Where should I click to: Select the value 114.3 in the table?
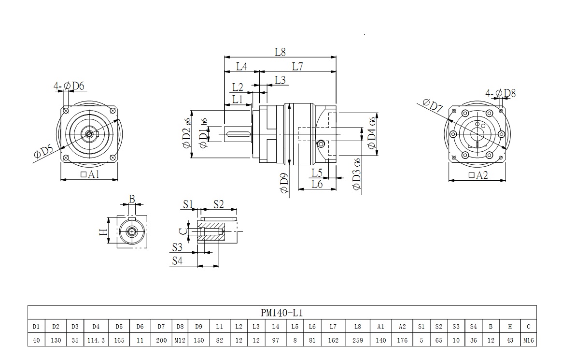[x=97, y=340]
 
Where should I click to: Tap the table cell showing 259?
[x=357, y=340]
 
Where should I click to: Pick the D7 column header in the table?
[x=161, y=326]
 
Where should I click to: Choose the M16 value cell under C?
[x=529, y=340]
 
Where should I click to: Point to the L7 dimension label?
[x=297, y=67]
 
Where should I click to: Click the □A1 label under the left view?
[x=90, y=174]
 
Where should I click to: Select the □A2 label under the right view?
[x=478, y=175]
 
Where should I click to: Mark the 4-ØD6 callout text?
[x=69, y=86]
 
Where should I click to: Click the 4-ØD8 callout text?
[x=501, y=93]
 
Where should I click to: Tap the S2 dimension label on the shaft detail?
[x=218, y=204]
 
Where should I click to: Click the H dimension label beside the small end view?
[x=102, y=232]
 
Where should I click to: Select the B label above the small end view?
[x=132, y=199]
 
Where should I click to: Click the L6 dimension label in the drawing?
[x=317, y=184]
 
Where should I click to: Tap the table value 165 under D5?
[x=119, y=340]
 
